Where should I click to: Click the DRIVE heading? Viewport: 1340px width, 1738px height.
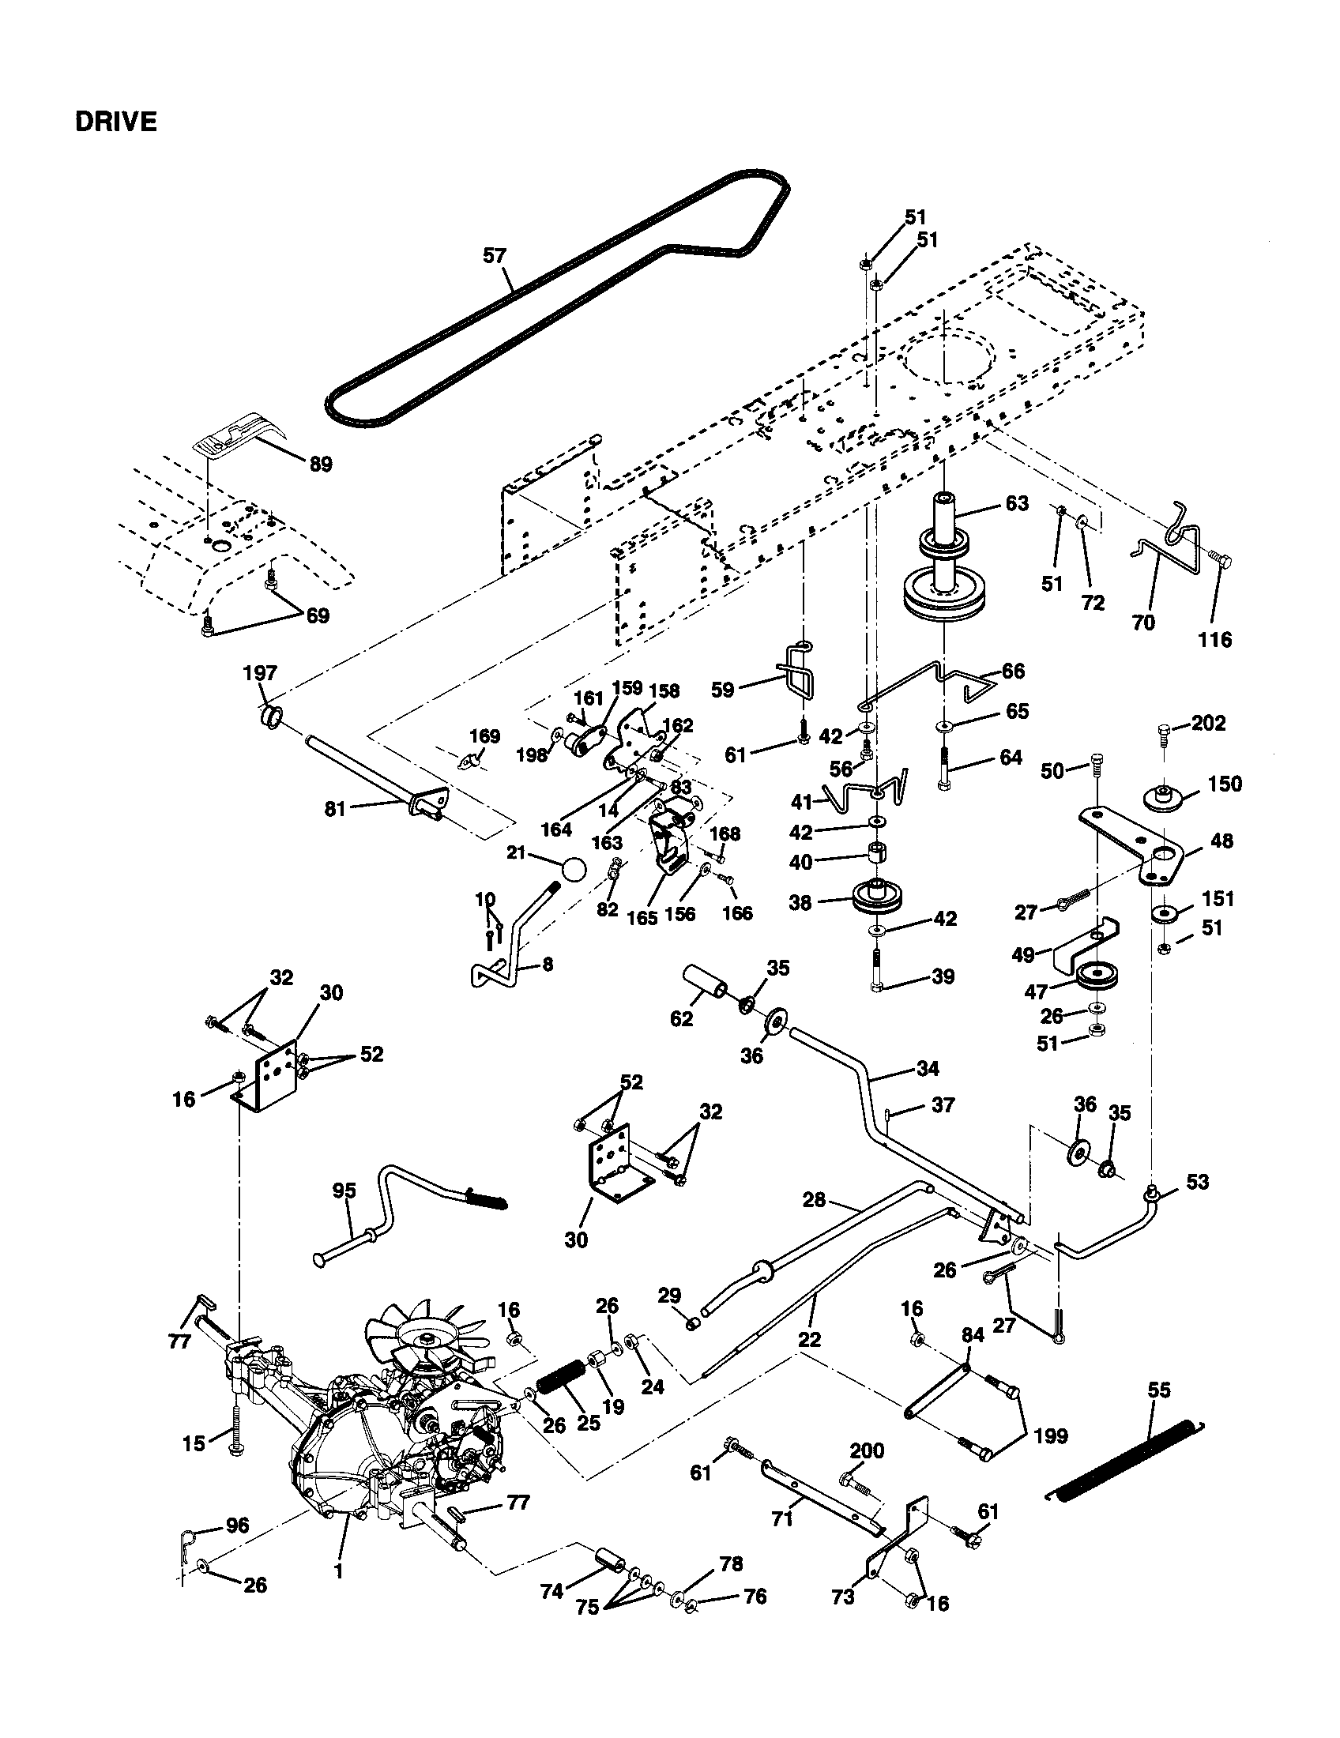pos(115,122)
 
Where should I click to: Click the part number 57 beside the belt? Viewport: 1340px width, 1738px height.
pos(494,255)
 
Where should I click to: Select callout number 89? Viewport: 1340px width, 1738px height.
pos(320,464)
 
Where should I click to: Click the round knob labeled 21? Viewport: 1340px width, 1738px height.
pos(573,867)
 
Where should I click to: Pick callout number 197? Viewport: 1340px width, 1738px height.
pos(259,673)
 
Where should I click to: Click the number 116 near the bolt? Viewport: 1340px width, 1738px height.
pos(1215,638)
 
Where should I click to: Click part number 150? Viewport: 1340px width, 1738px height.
pos(1225,784)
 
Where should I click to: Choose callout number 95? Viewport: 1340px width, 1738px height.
pos(344,1191)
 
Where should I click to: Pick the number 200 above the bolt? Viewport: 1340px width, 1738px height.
pos(867,1450)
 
